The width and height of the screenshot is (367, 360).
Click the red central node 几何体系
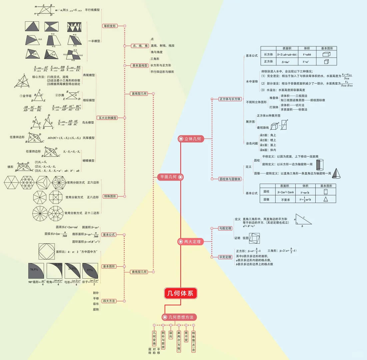pos(181,294)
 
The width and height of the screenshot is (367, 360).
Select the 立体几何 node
pos(190,139)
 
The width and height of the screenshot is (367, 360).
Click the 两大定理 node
pos(190,241)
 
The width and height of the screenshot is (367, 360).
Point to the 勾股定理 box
pos(225,228)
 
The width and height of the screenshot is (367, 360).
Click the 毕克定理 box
pos(225,257)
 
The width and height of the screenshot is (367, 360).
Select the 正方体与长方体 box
pos(230,99)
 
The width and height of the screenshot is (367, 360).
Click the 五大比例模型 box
pos(107,118)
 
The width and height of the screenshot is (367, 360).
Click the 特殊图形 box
pos(109,196)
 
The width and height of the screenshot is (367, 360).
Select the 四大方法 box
pos(109,301)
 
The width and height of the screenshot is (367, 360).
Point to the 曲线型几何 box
pos(139,272)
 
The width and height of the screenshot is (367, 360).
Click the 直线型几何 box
pos(139,94)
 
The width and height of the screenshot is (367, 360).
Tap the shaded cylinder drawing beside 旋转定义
pos(320,164)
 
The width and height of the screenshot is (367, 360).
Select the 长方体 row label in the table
pos(268,54)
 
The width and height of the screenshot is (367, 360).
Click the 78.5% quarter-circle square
pos(36,270)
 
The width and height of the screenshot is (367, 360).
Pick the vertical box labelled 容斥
pos(171,335)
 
